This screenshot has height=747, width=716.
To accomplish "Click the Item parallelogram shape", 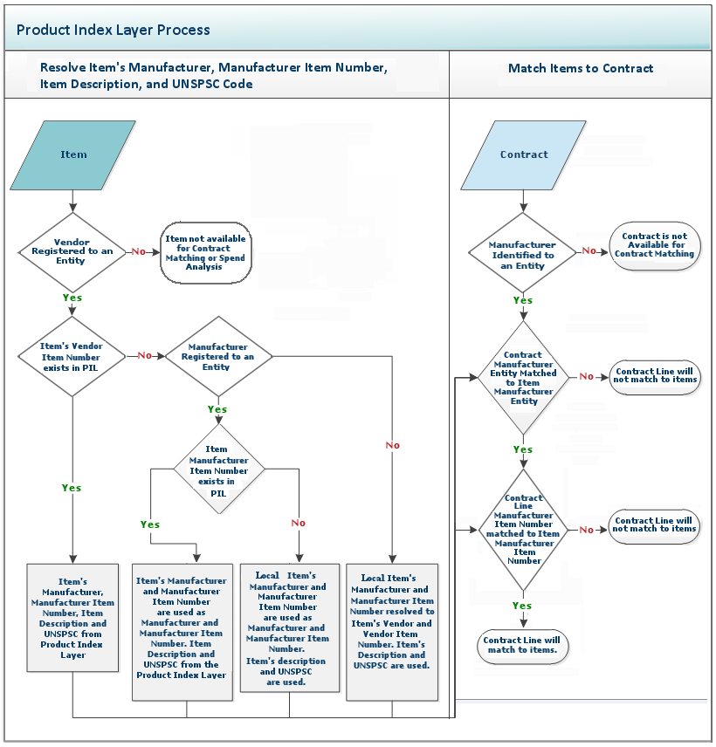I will pos(73,155).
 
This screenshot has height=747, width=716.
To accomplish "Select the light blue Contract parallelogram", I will pos(524,155).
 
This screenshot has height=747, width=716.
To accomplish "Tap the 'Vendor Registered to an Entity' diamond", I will pos(72,251).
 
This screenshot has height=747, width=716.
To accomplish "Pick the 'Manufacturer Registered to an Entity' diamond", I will pos(218,356).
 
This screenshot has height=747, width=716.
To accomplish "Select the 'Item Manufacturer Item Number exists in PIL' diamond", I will pos(218,470).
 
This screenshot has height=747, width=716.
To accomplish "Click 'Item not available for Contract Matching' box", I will pos(206,252).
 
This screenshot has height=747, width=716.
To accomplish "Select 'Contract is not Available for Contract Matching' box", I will pos(655,245).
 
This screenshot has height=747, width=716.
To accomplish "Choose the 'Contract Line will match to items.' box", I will pos(522,645).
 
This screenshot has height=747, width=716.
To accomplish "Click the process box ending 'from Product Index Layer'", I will pos(72,617).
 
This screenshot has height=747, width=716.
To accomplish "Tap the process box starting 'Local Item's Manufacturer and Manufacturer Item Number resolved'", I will pos(392,631).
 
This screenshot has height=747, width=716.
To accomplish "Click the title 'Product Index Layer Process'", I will pos(114,30).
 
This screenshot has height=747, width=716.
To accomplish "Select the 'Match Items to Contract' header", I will pos(581,68).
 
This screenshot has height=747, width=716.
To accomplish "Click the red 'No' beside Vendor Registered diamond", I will pos(139,251).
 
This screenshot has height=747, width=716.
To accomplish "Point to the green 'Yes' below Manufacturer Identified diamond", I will pos(523,300).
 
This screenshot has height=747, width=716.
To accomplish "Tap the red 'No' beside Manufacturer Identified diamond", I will pos(589,251).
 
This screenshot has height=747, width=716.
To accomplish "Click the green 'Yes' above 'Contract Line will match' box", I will pos(522,606).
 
